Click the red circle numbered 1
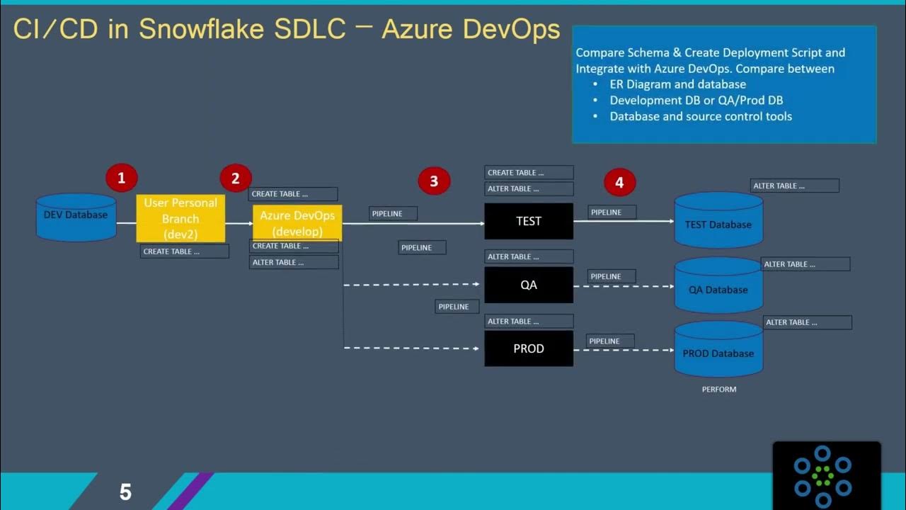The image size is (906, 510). pos(121,178)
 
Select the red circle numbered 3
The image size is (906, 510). pos(433,181)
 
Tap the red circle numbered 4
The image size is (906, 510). pos(619,183)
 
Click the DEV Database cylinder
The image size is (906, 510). pos(76,215)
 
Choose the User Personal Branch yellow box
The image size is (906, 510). pos(180,219)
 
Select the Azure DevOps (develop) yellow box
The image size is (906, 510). pos(297,222)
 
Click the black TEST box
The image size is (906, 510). pos(528,221)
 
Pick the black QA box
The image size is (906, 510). pos(528,285)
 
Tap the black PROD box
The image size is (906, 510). pos(528,348)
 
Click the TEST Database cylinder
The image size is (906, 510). pos(718,221)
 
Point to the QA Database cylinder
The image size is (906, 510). pos(718,286)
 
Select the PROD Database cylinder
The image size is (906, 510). pos(718,350)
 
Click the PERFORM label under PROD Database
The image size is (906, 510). pos(719,389)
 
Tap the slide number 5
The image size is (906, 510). pos(125,492)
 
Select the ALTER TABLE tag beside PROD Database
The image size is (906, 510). pos(807,322)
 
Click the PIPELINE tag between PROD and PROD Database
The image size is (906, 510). pos(610,341)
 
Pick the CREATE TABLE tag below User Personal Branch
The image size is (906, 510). pos(184,251)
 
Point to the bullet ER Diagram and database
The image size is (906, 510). pos(677,84)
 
